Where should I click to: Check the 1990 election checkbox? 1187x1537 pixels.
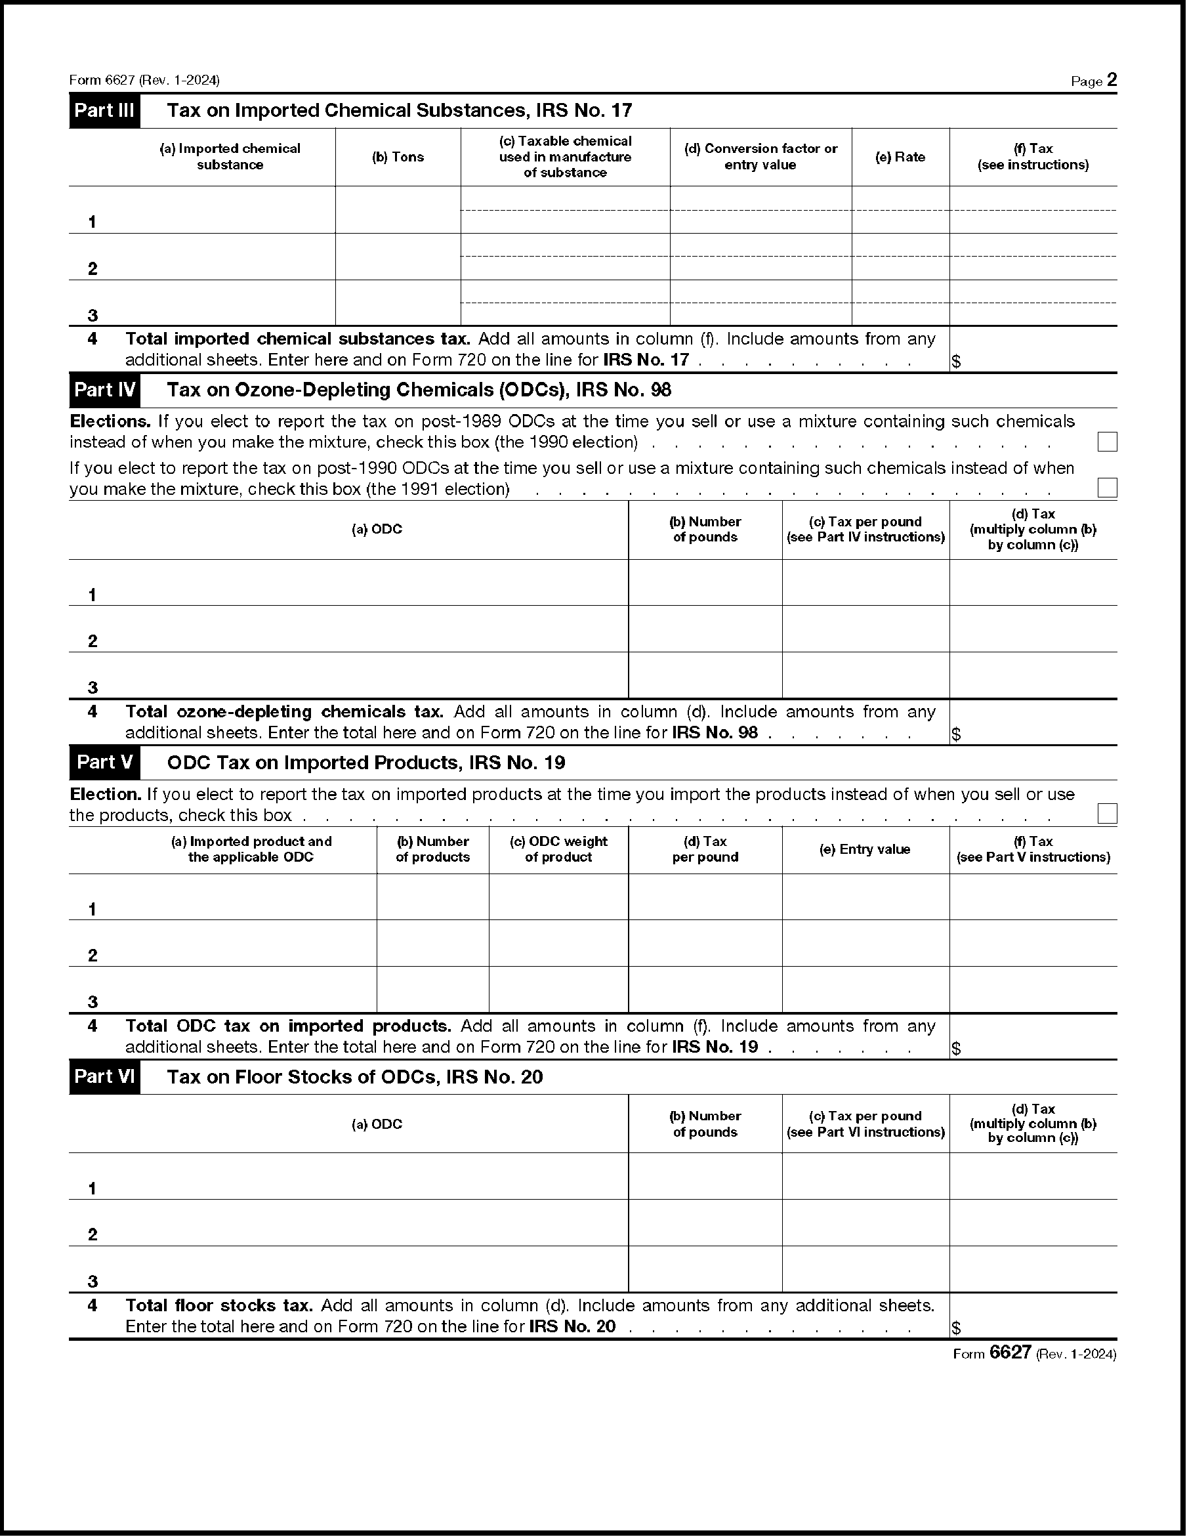tap(1107, 442)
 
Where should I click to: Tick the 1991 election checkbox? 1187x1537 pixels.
tap(1107, 488)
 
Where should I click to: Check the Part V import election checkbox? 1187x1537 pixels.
tap(1107, 814)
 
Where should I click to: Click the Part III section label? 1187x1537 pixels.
tap(104, 110)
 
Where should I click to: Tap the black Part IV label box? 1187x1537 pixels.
tap(104, 390)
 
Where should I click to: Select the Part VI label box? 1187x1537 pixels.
tap(104, 1077)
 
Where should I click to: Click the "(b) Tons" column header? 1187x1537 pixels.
tap(398, 157)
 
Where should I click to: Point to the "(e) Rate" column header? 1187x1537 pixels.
tap(900, 157)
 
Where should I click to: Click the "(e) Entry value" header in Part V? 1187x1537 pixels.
tap(865, 849)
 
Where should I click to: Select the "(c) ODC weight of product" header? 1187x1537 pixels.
tap(558, 849)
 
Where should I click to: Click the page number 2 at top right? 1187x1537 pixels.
tap(1112, 80)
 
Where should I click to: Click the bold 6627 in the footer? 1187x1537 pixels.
tap(1010, 1353)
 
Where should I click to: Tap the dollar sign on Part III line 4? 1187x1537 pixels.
tap(956, 362)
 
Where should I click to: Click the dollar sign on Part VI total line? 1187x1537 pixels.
tap(956, 1328)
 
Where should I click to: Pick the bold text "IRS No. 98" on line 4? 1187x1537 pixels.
tap(715, 732)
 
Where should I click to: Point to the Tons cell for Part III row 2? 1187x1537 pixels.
tap(398, 257)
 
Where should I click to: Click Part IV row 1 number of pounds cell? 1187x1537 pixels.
tap(705, 583)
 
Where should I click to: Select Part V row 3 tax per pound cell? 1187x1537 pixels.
tap(705, 990)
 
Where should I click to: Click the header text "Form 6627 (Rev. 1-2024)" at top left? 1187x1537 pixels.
tap(144, 80)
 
